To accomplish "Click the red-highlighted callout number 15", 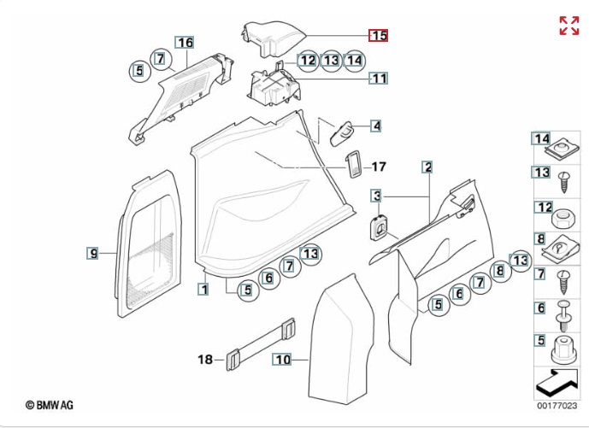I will click(x=378, y=36).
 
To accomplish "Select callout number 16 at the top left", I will click(x=185, y=43).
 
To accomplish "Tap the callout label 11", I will click(x=378, y=79).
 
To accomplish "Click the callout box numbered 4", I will click(x=375, y=126).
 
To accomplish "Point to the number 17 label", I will click(x=379, y=167).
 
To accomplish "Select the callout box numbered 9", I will click(x=93, y=252).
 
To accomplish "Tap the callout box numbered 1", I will click(x=203, y=289).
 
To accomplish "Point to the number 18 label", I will click(x=205, y=360).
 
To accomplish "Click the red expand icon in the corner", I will click(x=568, y=26).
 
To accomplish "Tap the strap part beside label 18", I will click(x=262, y=345).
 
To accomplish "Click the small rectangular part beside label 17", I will click(x=352, y=166).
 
